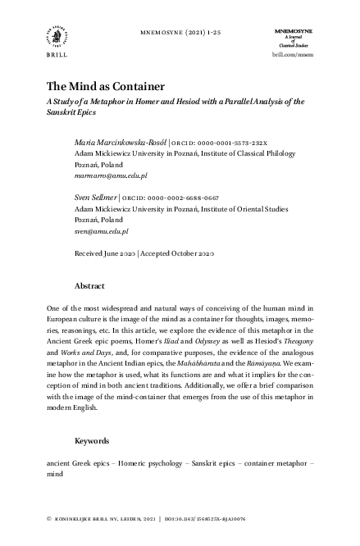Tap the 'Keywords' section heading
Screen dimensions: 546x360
93,440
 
